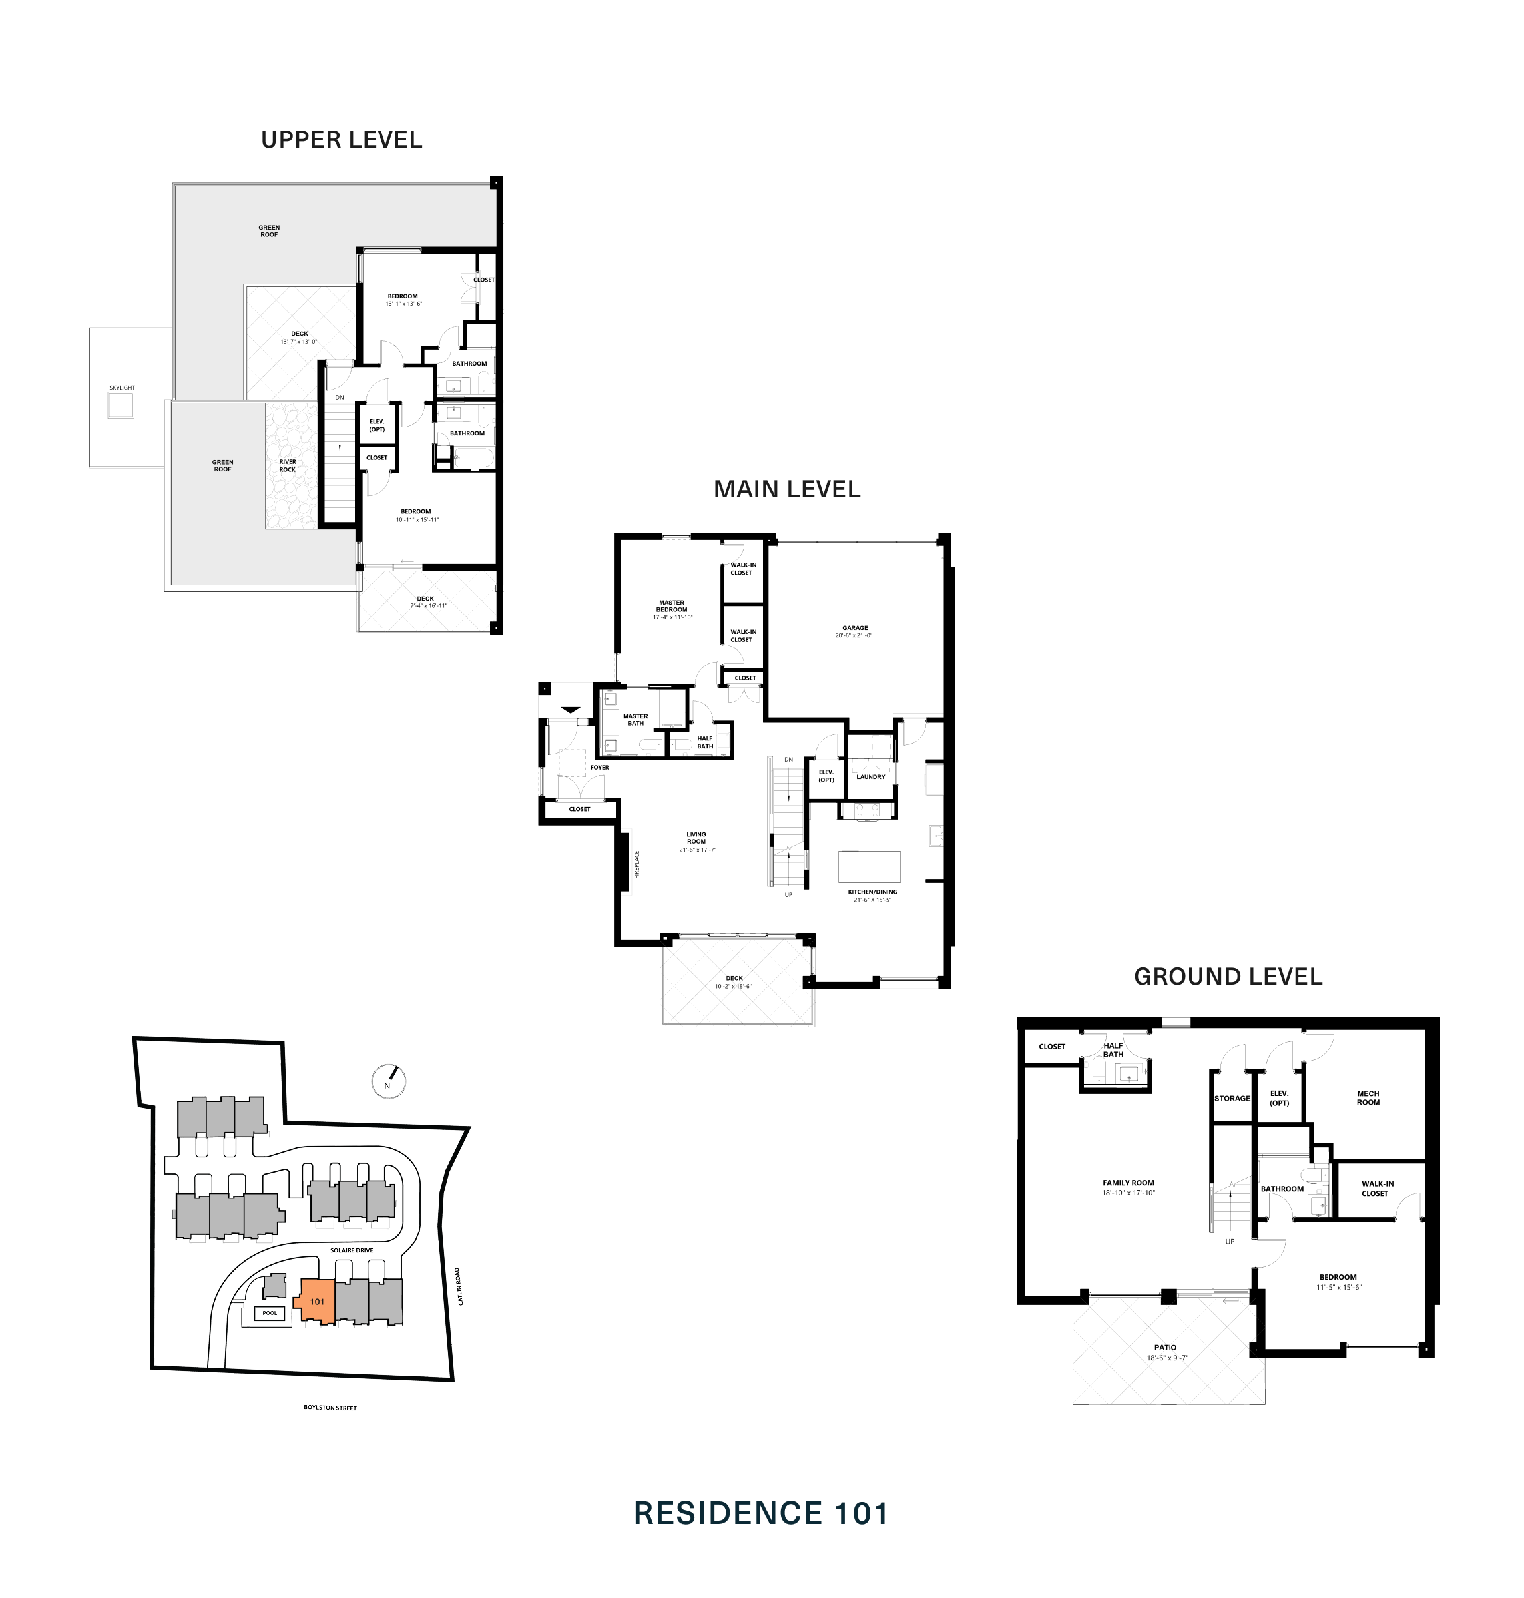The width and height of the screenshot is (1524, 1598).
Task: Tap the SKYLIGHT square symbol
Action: pyautogui.click(x=122, y=405)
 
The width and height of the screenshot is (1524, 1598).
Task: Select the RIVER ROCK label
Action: pyautogui.click(x=288, y=465)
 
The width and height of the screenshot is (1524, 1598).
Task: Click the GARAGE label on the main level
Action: pyautogui.click(x=855, y=627)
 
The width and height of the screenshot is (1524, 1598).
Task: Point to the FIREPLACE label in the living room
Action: pyautogui.click(x=637, y=864)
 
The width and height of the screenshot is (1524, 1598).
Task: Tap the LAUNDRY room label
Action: pyautogui.click(x=870, y=776)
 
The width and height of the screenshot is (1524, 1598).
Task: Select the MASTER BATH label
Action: pyautogui.click(x=635, y=720)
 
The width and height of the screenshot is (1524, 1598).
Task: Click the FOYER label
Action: pyautogui.click(x=599, y=767)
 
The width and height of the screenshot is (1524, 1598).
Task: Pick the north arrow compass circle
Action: pyautogui.click(x=388, y=1081)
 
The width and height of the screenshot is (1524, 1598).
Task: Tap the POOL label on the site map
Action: pyautogui.click(x=270, y=1313)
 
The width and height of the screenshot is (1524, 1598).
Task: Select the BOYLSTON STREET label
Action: pyautogui.click(x=330, y=1407)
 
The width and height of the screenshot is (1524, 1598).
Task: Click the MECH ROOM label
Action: pyautogui.click(x=1368, y=1097)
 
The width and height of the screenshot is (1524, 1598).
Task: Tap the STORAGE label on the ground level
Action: pyautogui.click(x=1232, y=1099)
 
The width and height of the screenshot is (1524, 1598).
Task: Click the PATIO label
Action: pyautogui.click(x=1165, y=1347)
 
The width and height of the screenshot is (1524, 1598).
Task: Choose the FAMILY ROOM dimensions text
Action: pyautogui.click(x=1129, y=1193)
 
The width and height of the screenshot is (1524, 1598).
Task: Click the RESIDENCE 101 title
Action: pyautogui.click(x=761, y=1513)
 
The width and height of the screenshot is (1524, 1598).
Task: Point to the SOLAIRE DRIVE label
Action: pyautogui.click(x=351, y=1250)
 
